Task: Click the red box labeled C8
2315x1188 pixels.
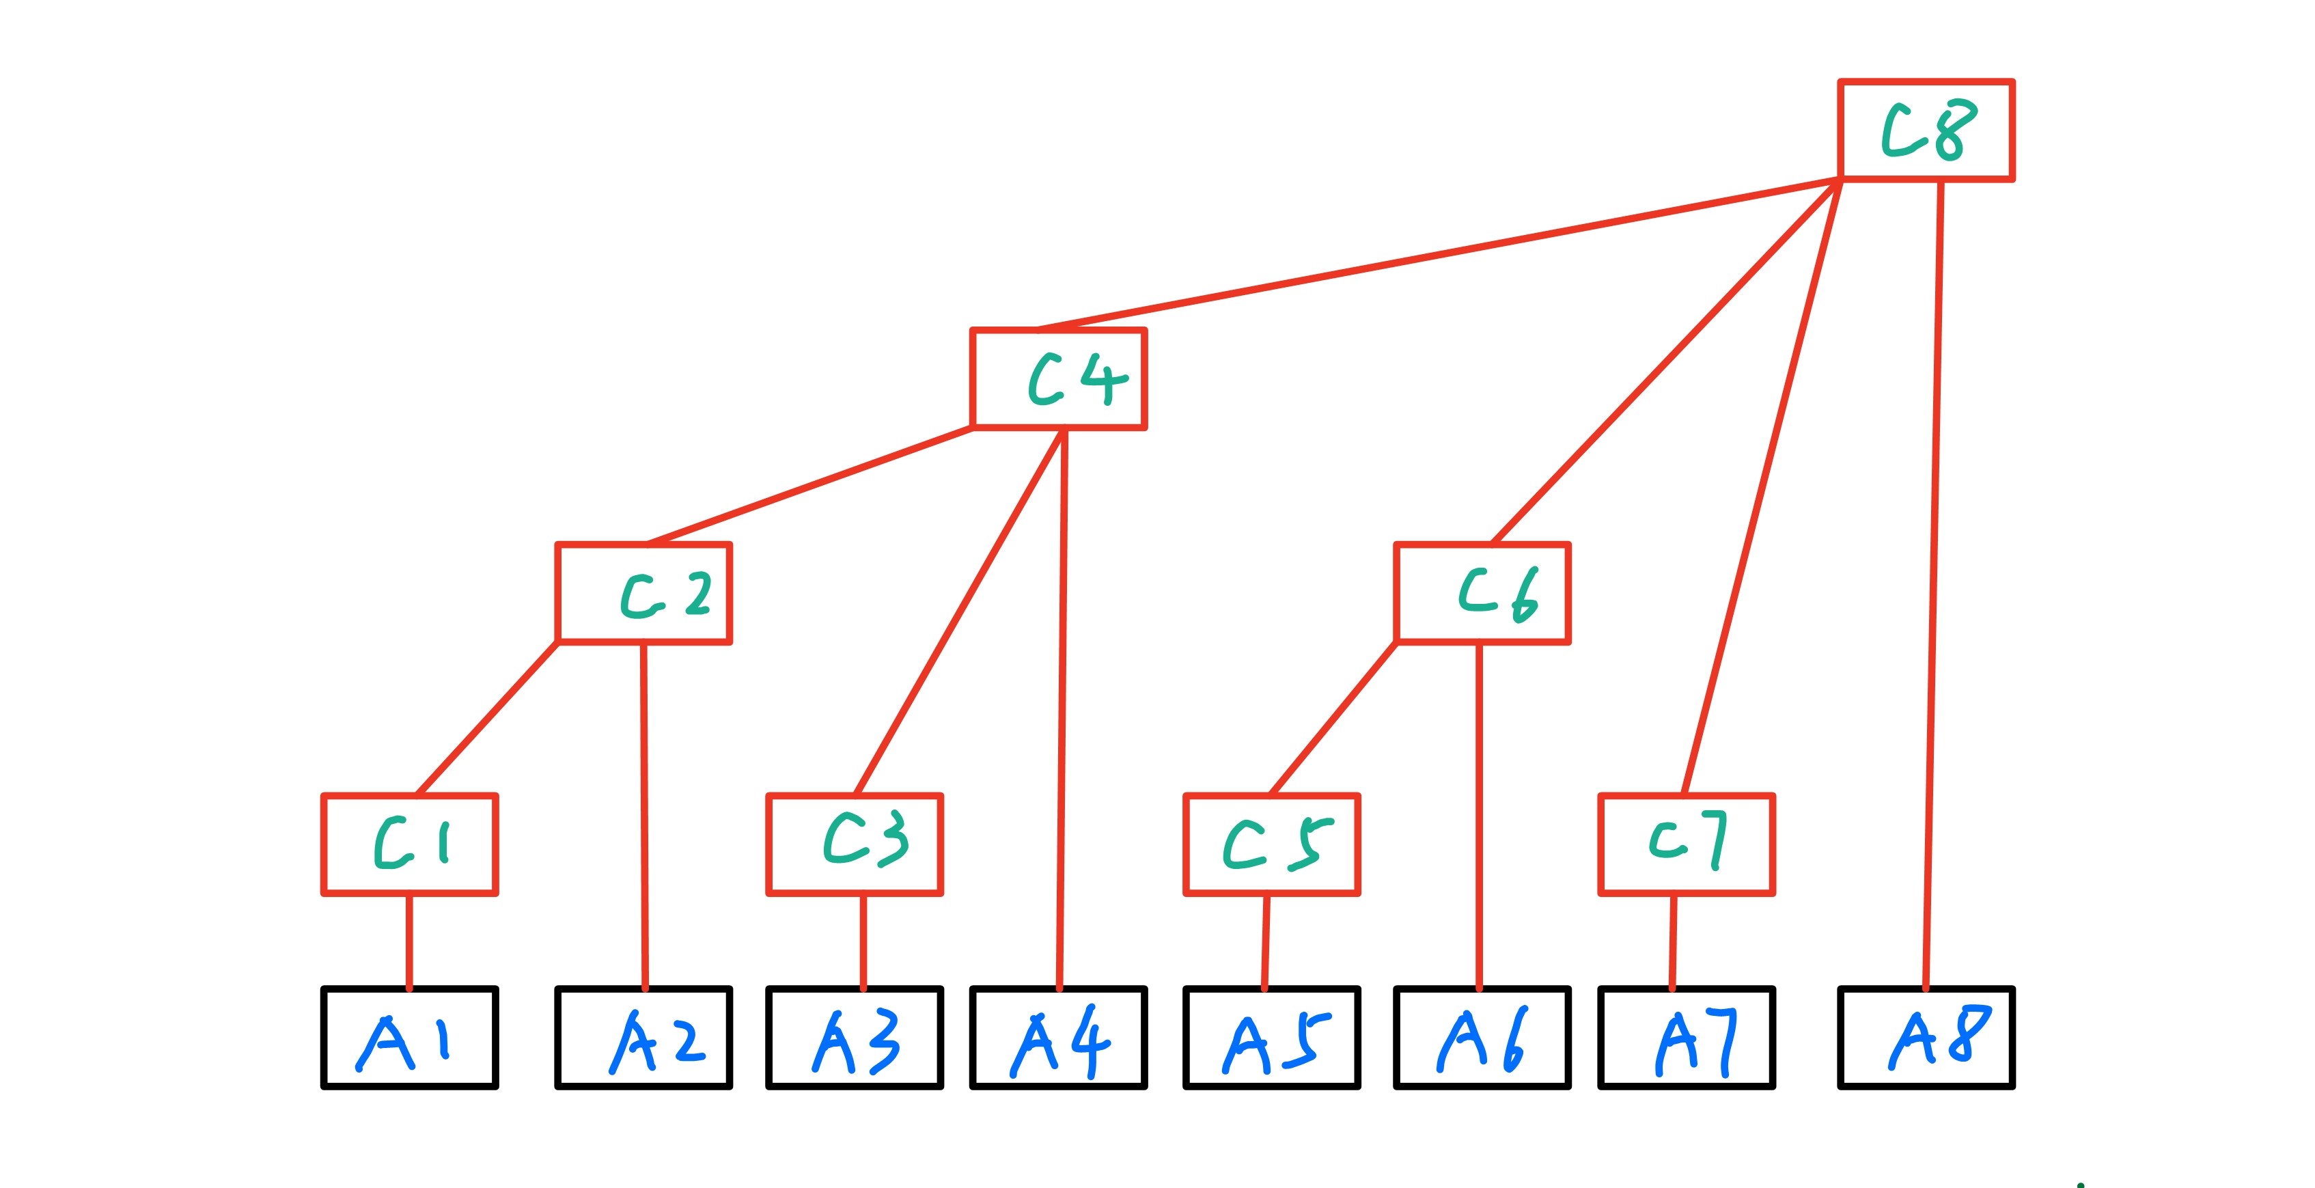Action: click(x=1926, y=130)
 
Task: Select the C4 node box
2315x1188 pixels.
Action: click(x=1059, y=378)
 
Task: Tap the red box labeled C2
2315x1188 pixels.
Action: click(x=643, y=593)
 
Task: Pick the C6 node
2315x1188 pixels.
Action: click(x=1482, y=593)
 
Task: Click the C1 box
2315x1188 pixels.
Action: click(x=410, y=845)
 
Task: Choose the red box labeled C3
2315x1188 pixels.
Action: click(x=854, y=845)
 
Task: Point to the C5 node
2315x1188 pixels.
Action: click(x=1272, y=845)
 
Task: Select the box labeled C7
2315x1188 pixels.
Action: click(x=1686, y=845)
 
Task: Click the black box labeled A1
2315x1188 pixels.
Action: click(x=410, y=1038)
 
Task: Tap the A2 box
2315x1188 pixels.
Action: click(x=643, y=1038)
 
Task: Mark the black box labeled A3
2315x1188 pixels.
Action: click(x=854, y=1038)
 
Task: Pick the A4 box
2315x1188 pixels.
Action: click(x=1059, y=1038)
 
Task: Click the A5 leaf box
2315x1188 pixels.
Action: click(x=1272, y=1038)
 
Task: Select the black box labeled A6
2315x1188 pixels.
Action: click(x=1482, y=1038)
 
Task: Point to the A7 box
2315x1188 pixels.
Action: click(x=1686, y=1038)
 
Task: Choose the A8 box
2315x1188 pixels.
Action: click(x=1926, y=1038)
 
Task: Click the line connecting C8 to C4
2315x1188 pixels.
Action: click(x=1438, y=254)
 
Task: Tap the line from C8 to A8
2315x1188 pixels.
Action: click(x=1933, y=584)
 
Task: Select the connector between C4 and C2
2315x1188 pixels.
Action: click(x=809, y=485)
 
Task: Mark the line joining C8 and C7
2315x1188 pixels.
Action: click(x=1762, y=485)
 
